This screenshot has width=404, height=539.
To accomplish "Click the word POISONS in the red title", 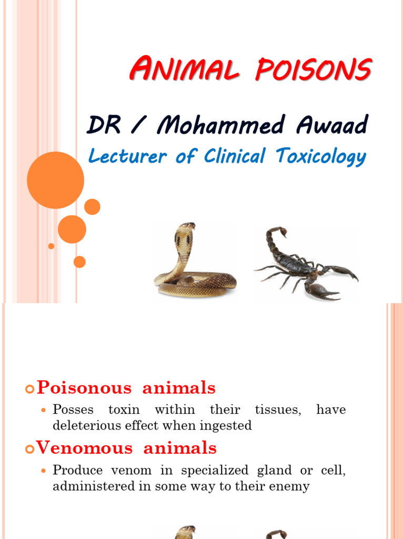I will click(313, 69).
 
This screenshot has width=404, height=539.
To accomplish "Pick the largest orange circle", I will click(55, 180).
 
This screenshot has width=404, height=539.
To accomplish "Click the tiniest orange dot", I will click(51, 246).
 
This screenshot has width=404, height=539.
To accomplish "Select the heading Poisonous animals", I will click(127, 388).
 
